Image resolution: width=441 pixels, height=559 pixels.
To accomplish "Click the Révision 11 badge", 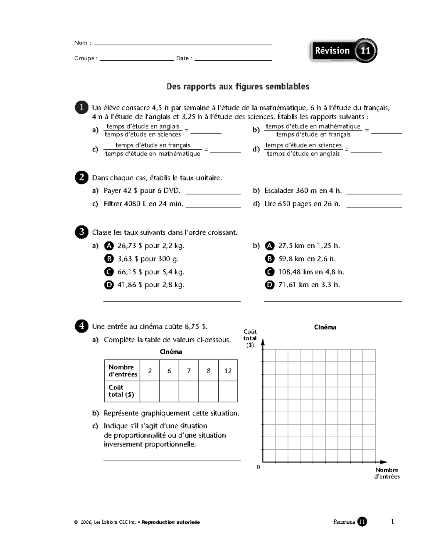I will (x=344, y=51).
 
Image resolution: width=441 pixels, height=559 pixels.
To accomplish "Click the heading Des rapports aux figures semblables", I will (x=238, y=87).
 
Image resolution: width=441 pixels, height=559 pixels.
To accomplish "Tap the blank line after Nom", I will (x=183, y=44).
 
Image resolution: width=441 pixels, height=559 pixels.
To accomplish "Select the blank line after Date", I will (x=233, y=60).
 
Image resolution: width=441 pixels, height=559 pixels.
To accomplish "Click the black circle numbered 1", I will (x=81, y=107).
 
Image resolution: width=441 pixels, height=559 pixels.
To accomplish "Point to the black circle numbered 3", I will (x=81, y=232).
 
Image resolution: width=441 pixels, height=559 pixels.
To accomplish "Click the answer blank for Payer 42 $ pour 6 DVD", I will (x=213, y=193).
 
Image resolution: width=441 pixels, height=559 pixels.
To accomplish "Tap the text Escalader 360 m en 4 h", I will (x=303, y=191).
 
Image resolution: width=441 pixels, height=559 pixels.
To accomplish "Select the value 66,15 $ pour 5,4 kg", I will (x=151, y=272).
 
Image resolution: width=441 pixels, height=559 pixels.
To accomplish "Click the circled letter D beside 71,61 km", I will (x=270, y=285).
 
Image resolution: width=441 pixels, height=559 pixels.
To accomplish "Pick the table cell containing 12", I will (x=228, y=371).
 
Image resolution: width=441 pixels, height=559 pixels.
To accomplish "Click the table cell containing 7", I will (x=189, y=371).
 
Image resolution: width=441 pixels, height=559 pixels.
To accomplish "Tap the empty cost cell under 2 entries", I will (x=150, y=391).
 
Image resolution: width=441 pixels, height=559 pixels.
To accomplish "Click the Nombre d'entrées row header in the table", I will (x=122, y=371).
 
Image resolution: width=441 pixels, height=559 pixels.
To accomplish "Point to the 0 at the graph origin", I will (x=258, y=467).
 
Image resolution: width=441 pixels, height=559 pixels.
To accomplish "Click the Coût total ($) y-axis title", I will (x=250, y=338).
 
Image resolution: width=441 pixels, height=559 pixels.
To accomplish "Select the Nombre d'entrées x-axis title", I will (x=387, y=473).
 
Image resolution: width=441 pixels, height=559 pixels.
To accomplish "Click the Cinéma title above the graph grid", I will (x=325, y=327).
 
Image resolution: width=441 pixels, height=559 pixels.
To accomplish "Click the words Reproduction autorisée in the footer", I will (x=171, y=522).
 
